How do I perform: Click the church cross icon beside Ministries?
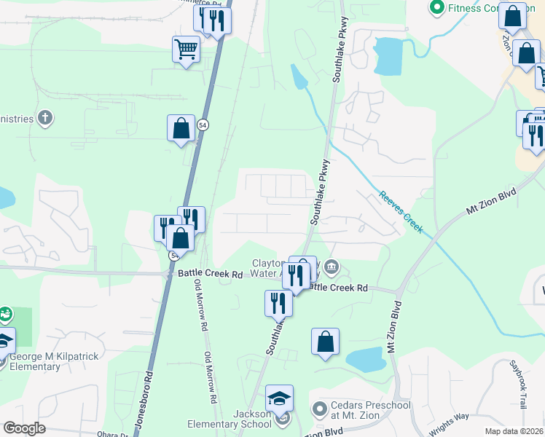coord(45,117)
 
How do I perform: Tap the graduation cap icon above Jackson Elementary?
coord(279,398)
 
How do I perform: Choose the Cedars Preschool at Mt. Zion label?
coord(362,412)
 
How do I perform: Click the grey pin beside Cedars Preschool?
coord(318,409)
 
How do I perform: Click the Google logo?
coord(24,428)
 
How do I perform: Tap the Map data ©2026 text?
coord(513,431)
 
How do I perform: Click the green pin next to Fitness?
coord(437,8)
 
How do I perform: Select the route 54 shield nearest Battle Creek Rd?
coord(174,256)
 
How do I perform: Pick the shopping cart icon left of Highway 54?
coord(186,50)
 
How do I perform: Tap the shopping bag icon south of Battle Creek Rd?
coord(325,342)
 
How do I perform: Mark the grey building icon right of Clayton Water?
coord(332,267)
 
